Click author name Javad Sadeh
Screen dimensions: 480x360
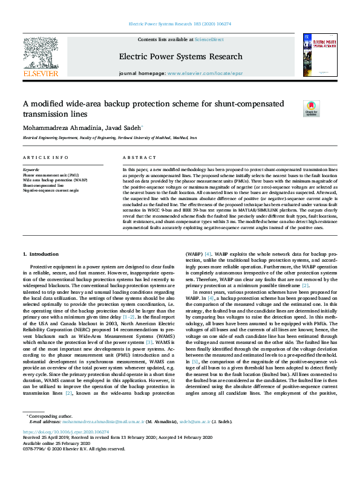121,128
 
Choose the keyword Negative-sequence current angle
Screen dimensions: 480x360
51,190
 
